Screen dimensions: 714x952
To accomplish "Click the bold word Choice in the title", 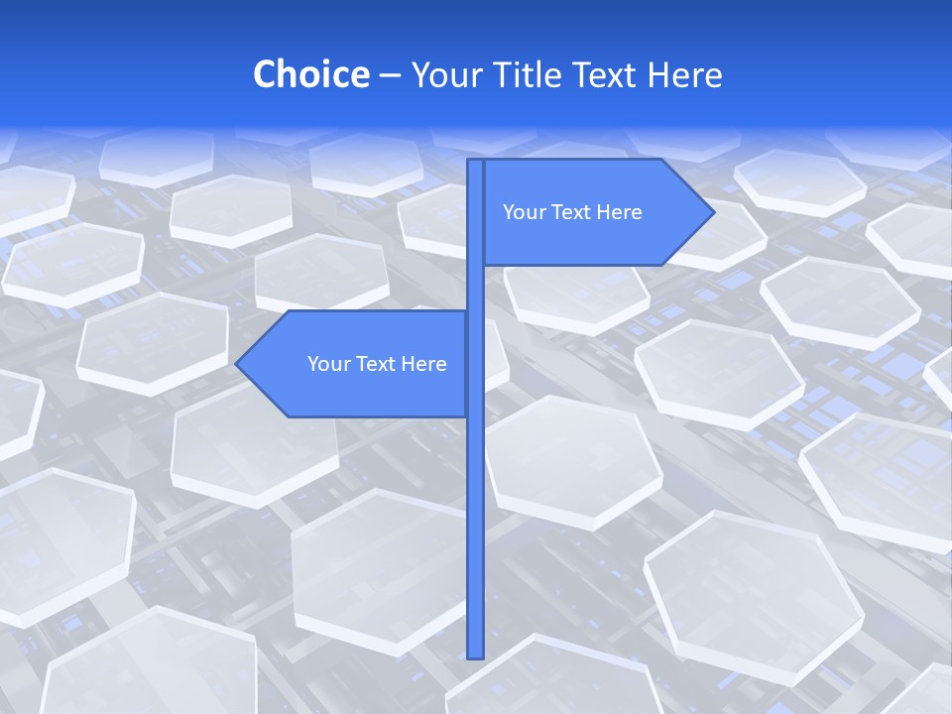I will coord(310,74).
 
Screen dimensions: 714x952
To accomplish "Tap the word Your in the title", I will coord(443,74).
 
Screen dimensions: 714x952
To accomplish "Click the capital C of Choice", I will coord(265,74).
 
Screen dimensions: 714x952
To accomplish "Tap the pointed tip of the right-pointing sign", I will coord(712,212).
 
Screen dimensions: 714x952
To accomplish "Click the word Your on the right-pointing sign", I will coord(522,212).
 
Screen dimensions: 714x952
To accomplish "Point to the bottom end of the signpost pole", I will coord(476,654).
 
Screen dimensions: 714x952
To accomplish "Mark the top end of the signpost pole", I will coord(476,163).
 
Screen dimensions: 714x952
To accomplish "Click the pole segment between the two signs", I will coord(476,288).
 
